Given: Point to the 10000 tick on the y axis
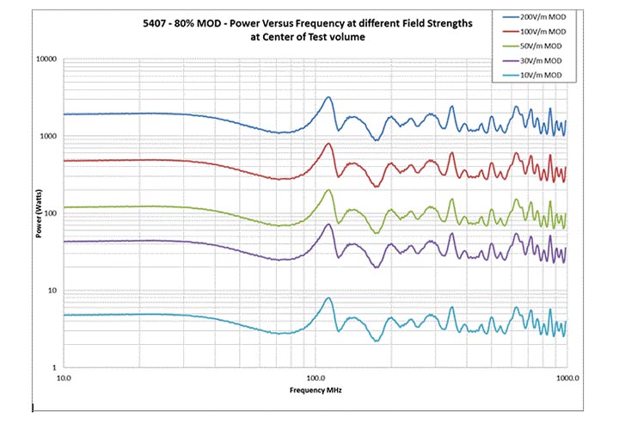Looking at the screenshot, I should point(45,59).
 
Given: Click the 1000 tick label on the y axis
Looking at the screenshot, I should point(46,137).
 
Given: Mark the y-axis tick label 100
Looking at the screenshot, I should point(49,213).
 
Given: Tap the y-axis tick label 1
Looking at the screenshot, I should point(53,368).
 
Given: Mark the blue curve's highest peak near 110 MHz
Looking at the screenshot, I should point(328,98).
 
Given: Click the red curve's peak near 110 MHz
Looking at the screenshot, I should point(328,144).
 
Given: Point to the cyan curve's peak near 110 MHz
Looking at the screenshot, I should point(328,298).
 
